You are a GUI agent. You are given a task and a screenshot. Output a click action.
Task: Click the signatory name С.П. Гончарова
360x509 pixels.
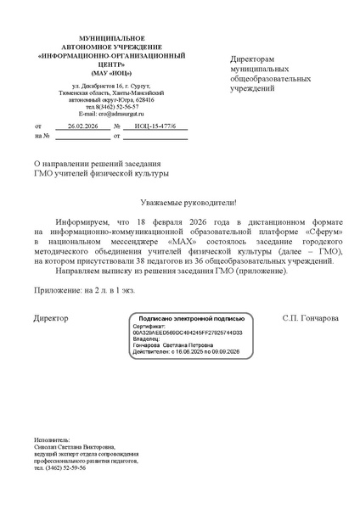point(310,318)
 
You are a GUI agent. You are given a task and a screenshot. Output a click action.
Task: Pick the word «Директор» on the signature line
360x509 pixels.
point(51,318)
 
